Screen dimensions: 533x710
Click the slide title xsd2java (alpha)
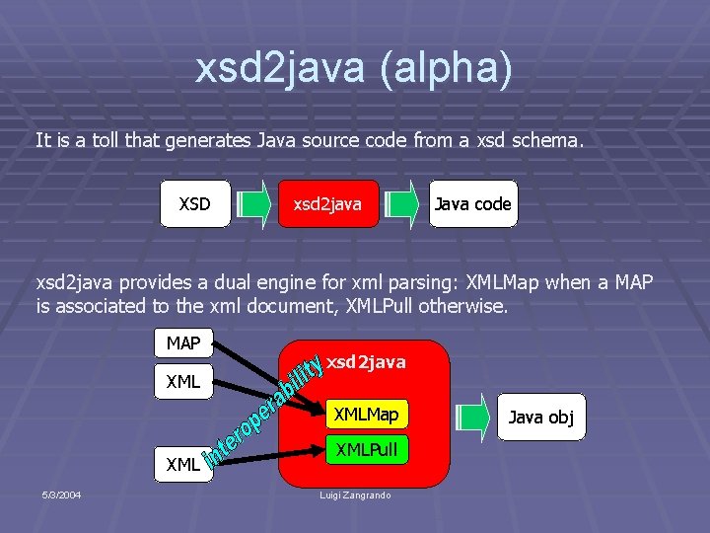point(354,70)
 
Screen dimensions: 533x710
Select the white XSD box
point(194,204)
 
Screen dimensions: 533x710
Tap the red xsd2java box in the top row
point(328,204)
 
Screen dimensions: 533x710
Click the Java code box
point(472,204)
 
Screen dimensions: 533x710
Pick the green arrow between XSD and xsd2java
point(253,204)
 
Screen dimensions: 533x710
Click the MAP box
point(183,343)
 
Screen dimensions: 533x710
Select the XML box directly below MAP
point(183,381)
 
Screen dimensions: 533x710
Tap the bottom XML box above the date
point(183,463)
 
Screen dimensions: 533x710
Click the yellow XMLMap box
point(366,415)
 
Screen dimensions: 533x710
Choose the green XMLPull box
point(366,450)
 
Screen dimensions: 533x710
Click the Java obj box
point(540,417)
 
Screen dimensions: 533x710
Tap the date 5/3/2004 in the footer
point(61,494)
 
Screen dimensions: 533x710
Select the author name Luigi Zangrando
point(354,494)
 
